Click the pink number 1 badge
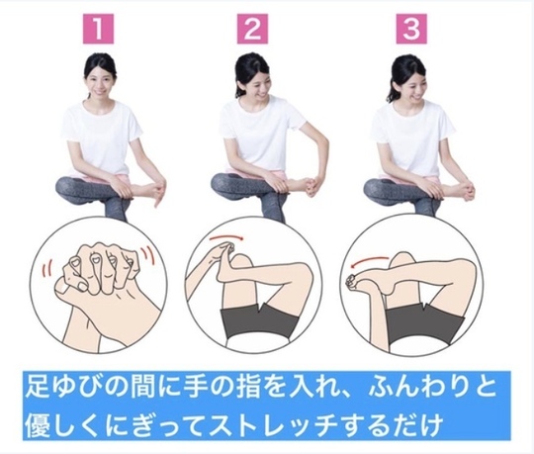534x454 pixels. [x=106, y=27]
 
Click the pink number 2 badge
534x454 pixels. [x=253, y=27]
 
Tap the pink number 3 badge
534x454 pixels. [x=404, y=27]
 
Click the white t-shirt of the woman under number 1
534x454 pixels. [x=102, y=138]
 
